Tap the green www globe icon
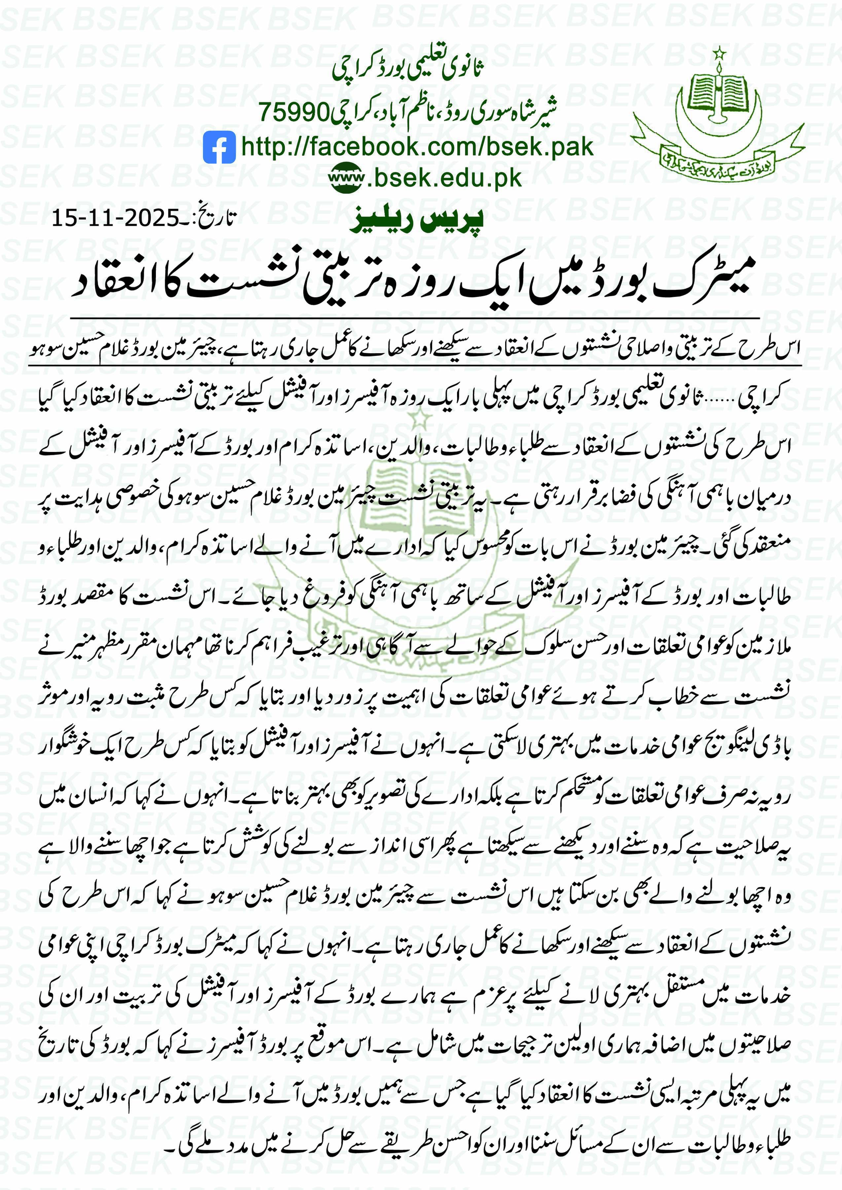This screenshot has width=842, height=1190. [347, 178]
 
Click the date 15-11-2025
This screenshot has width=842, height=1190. [115, 218]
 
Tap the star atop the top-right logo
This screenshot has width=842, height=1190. [719, 53]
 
